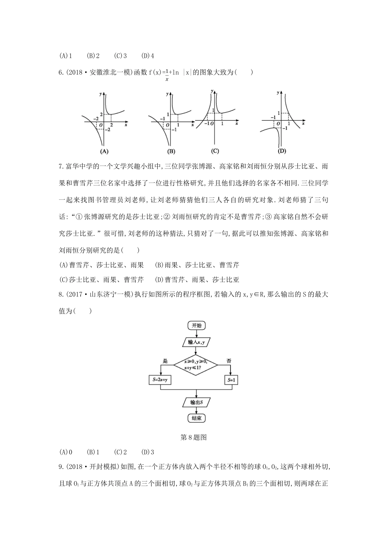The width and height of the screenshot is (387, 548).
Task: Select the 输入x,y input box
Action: tap(196, 342)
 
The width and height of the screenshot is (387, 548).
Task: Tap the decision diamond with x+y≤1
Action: tap(196, 364)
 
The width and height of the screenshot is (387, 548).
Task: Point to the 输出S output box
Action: tap(196, 402)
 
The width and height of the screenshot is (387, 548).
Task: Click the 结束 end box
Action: tap(196, 418)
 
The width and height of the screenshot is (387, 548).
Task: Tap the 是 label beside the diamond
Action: tap(165, 361)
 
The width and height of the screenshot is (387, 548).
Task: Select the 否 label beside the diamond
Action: tap(229, 361)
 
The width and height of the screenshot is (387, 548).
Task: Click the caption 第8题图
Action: tap(193, 438)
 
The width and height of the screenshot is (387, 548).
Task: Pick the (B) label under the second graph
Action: tap(171, 151)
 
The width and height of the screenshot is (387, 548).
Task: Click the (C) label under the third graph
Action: tap(215, 151)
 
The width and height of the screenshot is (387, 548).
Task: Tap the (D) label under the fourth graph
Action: tap(281, 151)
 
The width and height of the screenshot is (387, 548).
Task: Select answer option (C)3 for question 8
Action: tap(121, 452)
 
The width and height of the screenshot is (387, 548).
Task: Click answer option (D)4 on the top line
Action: tap(147, 56)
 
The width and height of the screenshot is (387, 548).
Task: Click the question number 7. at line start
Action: tap(62, 166)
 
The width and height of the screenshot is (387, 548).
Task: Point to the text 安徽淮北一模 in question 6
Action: tap(109, 73)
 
